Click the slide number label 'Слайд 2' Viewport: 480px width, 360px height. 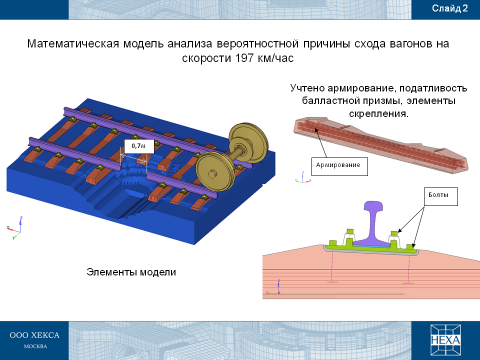coord(449,8)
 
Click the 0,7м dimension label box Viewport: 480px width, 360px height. coord(138,146)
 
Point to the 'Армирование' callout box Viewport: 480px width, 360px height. coord(339,166)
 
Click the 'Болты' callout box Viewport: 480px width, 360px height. coord(441,196)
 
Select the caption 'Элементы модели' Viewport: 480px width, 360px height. coord(131,272)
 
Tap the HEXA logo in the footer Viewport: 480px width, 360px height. coord(445,340)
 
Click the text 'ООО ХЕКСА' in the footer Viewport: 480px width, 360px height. coord(34,335)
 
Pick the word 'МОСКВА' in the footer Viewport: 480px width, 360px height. coord(35,346)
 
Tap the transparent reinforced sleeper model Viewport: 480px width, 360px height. coord(381,144)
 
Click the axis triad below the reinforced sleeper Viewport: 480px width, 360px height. coord(303,177)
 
